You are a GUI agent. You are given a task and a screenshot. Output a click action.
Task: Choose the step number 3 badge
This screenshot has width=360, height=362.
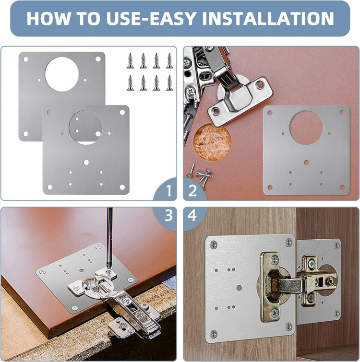coord(168,216)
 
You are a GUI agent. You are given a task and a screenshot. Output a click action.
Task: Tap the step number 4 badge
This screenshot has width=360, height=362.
coord(192,216)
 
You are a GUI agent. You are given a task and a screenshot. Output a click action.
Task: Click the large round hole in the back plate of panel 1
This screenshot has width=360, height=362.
coord(61,72)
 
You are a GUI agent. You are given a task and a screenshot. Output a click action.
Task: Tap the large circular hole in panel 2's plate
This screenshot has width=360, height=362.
coord(307,127)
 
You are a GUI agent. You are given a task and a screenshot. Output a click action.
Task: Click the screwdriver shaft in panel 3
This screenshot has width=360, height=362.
coord(110,230)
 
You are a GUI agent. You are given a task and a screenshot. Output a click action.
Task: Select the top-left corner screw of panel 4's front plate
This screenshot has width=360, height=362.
coord(214,245)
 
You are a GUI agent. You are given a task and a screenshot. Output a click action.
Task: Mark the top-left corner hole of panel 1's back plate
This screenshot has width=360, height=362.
coord(25,59)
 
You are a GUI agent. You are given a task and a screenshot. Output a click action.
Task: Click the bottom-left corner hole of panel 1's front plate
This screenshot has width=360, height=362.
coord(49,187)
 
